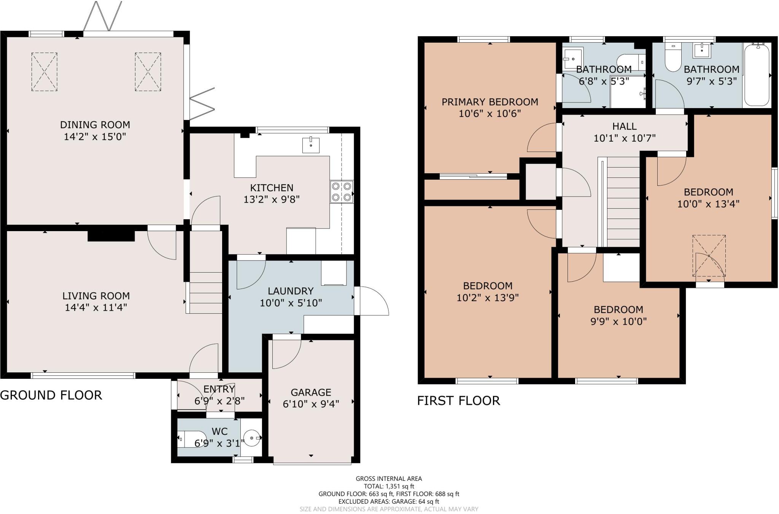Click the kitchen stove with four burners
click(x=342, y=192)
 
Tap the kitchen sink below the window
click(x=311, y=145)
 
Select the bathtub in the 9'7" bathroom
click(x=757, y=75)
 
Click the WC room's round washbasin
click(x=252, y=438)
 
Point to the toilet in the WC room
click(x=191, y=439)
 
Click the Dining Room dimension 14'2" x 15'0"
click(x=95, y=136)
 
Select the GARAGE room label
click(x=311, y=392)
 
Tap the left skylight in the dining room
click(x=44, y=72)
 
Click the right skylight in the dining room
click(x=148, y=72)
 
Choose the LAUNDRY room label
click(x=291, y=291)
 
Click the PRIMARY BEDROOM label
click(x=490, y=102)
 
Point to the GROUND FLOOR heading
click(x=51, y=395)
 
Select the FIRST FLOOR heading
click(x=458, y=401)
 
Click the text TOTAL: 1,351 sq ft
click(x=389, y=486)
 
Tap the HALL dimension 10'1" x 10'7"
click(x=625, y=138)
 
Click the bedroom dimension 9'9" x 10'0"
click(x=618, y=321)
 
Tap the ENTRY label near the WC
click(x=219, y=389)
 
